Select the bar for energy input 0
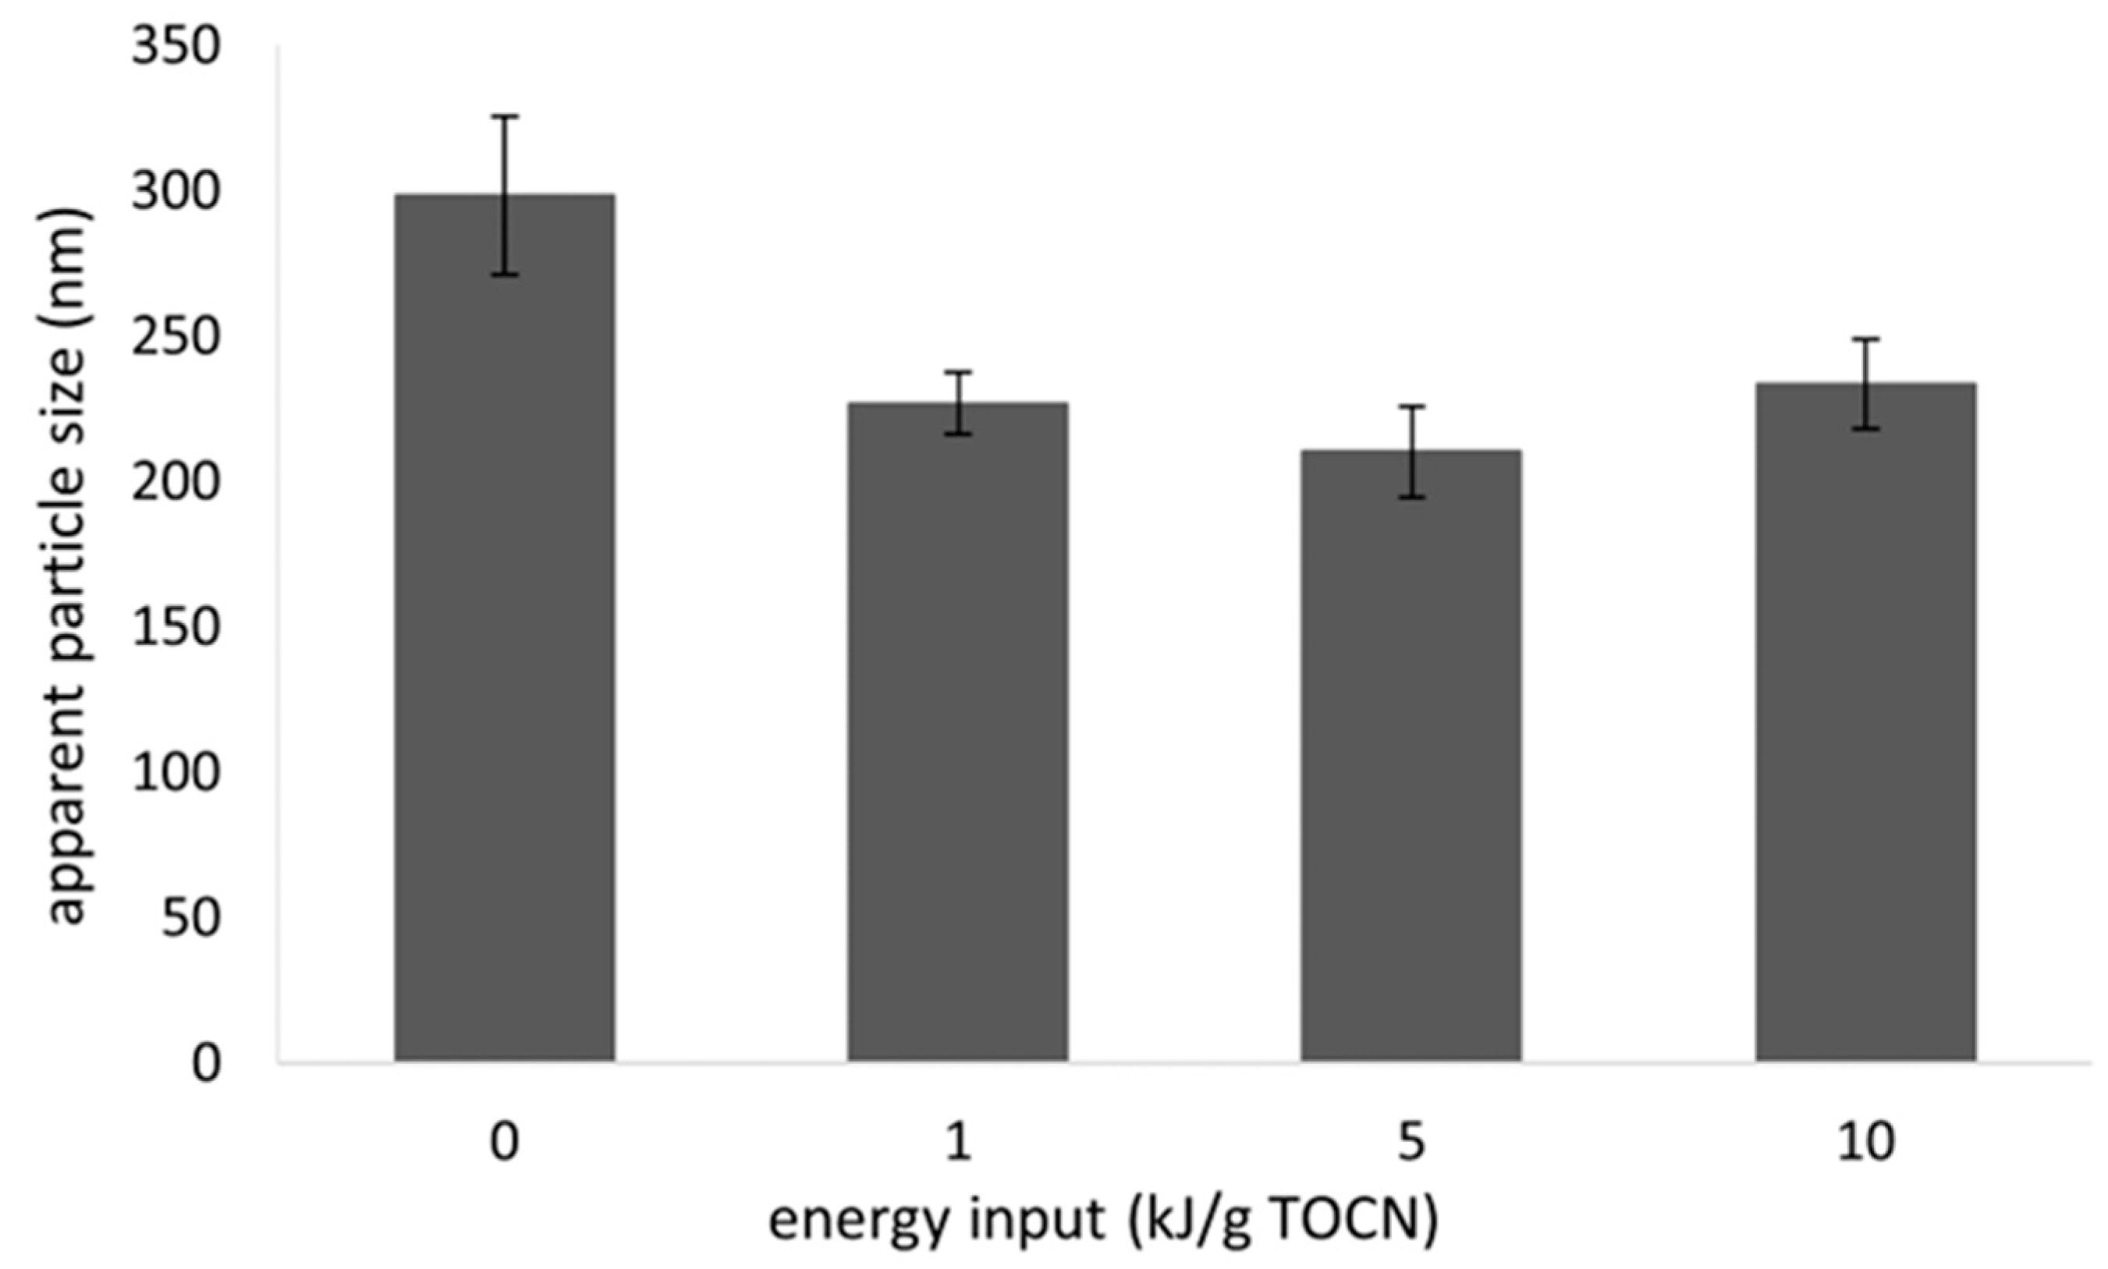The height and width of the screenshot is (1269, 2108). [x=505, y=629]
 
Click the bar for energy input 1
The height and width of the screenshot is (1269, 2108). [x=958, y=732]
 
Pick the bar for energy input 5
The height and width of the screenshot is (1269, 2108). [x=1411, y=756]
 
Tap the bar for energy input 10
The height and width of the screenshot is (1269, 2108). [x=1865, y=722]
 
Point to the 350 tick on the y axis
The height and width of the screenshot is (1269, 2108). [x=176, y=47]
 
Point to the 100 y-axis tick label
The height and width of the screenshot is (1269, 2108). [x=176, y=774]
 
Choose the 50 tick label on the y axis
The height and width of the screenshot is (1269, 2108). [x=190, y=920]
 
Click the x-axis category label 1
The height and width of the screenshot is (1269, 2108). [x=958, y=1142]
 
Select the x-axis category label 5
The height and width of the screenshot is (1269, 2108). [x=1411, y=1142]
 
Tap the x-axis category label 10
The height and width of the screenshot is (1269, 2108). [x=1865, y=1142]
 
